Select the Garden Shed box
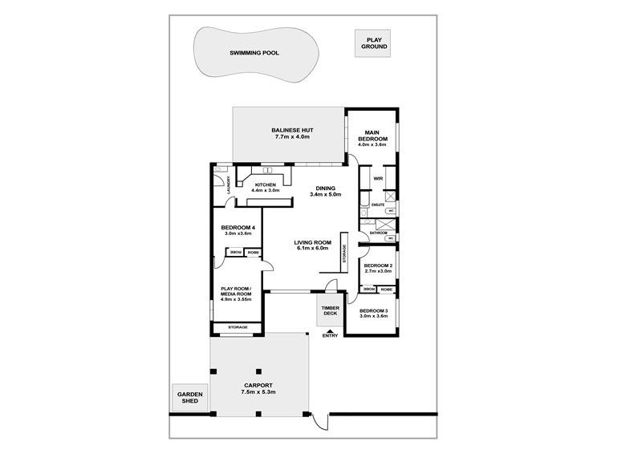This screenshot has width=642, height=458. point(190,398)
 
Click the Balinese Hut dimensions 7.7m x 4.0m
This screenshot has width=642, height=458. point(290,136)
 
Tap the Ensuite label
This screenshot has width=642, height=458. point(378,206)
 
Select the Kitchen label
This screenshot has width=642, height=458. point(265,184)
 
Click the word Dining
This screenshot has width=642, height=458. point(325,188)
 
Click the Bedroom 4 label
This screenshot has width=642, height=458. point(238,228)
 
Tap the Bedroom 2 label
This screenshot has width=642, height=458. point(377,265)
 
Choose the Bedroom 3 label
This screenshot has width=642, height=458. point(373,310)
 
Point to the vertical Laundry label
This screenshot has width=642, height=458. point(229,185)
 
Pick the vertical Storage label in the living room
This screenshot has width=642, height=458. point(343,253)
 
